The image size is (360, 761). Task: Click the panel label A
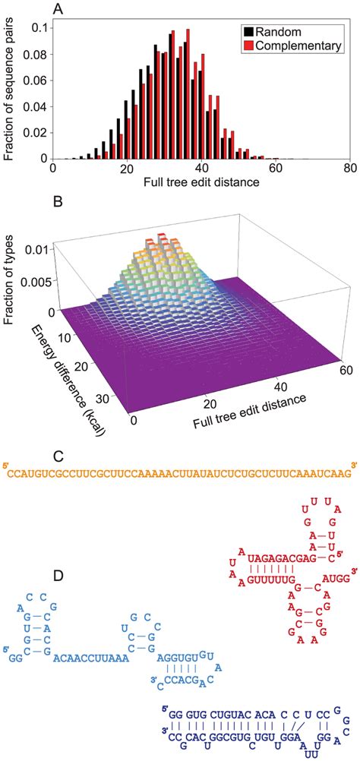point(57,8)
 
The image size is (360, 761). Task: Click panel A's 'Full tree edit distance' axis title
point(198,185)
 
